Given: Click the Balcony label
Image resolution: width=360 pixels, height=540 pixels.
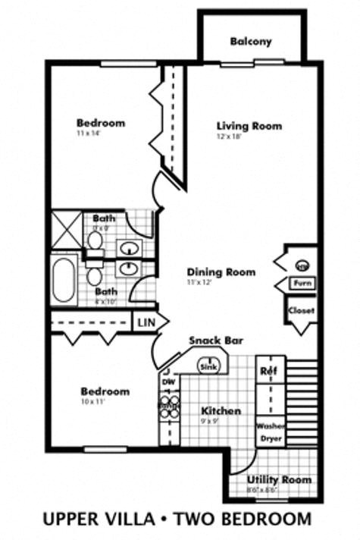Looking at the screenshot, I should pyautogui.click(x=251, y=42).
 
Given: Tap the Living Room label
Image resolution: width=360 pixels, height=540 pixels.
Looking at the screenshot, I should pyautogui.click(x=249, y=126).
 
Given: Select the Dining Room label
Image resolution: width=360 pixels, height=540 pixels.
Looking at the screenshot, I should pyautogui.click(x=221, y=272).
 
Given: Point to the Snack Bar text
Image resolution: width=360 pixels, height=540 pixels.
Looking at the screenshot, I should pyautogui.click(x=216, y=341).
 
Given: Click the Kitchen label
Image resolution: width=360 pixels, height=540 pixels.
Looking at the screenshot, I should pyautogui.click(x=221, y=411).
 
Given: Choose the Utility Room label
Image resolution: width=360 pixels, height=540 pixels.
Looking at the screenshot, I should pyautogui.click(x=280, y=480).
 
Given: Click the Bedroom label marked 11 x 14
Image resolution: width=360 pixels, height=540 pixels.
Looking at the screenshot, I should pyautogui.click(x=101, y=123).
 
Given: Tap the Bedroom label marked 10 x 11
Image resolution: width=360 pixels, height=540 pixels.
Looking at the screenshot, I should pyautogui.click(x=105, y=391).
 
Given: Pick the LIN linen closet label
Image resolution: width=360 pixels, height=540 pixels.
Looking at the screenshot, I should pyautogui.click(x=145, y=322).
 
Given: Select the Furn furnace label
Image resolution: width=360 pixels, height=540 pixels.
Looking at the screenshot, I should pyautogui.click(x=302, y=284).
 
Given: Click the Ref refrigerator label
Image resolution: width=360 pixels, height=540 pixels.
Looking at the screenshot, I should pyautogui.click(x=268, y=371).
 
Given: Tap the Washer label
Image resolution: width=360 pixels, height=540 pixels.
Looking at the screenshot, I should pyautogui.click(x=270, y=425).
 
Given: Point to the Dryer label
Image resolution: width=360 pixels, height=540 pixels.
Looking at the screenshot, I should pyautogui.click(x=270, y=438).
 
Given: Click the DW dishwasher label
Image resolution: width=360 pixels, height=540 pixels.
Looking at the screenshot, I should pyautogui.click(x=168, y=383).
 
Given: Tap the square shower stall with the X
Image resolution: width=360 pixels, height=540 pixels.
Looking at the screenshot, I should pyautogui.click(x=66, y=231).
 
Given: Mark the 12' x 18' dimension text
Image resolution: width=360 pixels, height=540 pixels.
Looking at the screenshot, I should pyautogui.click(x=228, y=137).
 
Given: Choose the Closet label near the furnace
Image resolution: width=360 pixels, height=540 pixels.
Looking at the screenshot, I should pyautogui.click(x=301, y=310).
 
